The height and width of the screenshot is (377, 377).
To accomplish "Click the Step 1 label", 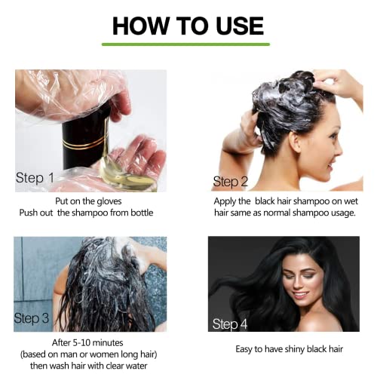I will pyautogui.click(x=35, y=179).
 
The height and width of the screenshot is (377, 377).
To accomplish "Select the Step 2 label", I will pyautogui.click(x=231, y=181).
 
